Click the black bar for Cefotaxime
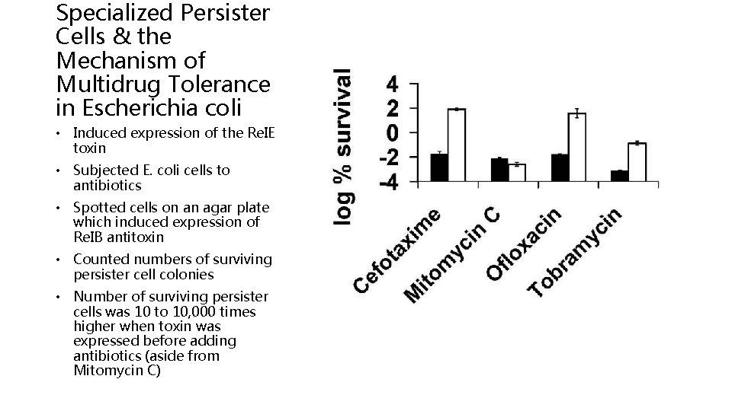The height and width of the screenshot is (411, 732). (x=439, y=167)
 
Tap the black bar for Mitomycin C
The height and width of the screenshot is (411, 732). (x=499, y=170)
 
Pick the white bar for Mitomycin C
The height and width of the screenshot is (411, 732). (x=517, y=173)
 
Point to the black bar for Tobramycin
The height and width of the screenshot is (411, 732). (x=619, y=176)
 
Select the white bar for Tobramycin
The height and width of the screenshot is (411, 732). (x=637, y=161)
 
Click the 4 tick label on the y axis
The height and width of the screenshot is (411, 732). (x=391, y=83)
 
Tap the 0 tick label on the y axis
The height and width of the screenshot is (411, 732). (x=391, y=132)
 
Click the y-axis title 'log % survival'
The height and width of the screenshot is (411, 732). (x=344, y=146)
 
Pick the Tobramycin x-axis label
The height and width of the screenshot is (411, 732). (x=577, y=253)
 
